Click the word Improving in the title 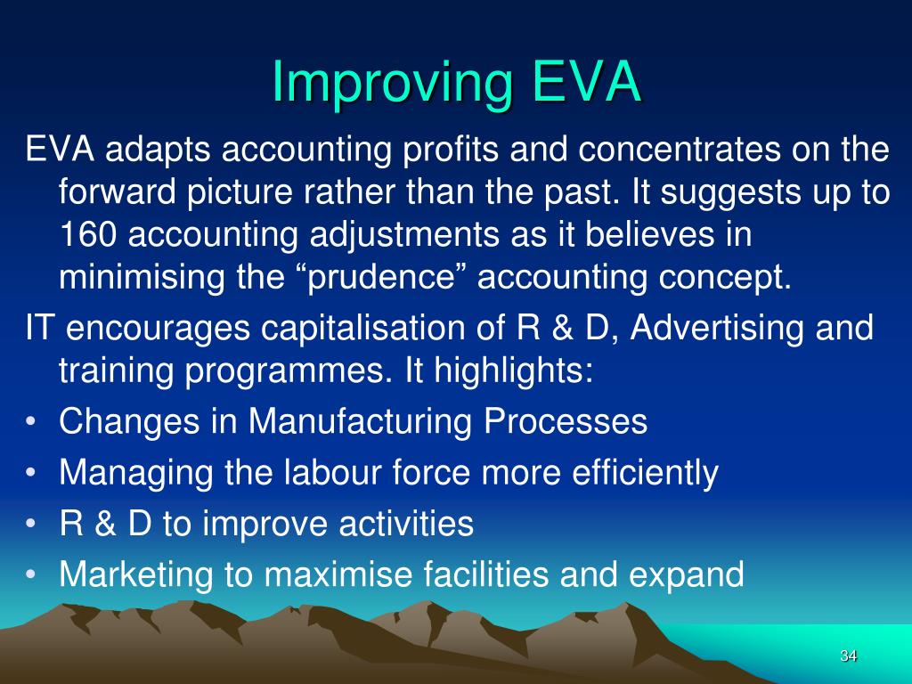pos(392,82)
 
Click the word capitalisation pos(367,329)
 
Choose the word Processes pos(566,422)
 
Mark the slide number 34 pos(847,656)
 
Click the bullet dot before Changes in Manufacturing pos(31,423)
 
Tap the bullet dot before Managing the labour pos(31,474)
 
